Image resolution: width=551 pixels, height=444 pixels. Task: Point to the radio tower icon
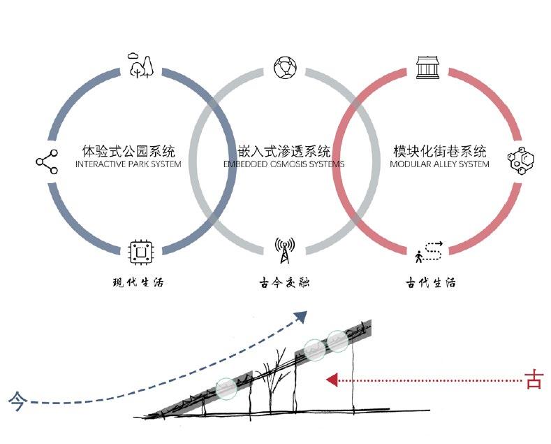tap(284, 251)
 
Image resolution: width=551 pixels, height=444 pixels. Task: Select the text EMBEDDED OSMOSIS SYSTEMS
tap(284, 165)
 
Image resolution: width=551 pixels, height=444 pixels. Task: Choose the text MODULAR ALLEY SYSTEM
tap(440, 165)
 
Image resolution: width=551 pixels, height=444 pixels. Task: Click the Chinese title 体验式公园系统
tap(128, 151)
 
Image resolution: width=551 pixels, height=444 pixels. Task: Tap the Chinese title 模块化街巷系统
tap(440, 151)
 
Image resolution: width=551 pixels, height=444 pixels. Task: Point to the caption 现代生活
tap(138, 283)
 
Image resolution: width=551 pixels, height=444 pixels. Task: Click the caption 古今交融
tap(284, 283)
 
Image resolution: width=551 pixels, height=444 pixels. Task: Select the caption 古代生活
tap(431, 283)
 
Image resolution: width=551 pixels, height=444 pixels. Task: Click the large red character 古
tap(534, 380)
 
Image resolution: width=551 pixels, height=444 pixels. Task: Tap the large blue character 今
tap(16, 401)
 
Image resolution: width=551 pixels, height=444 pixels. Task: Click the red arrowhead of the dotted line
tap(332, 380)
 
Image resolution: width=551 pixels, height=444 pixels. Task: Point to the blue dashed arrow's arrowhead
tap(300, 317)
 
